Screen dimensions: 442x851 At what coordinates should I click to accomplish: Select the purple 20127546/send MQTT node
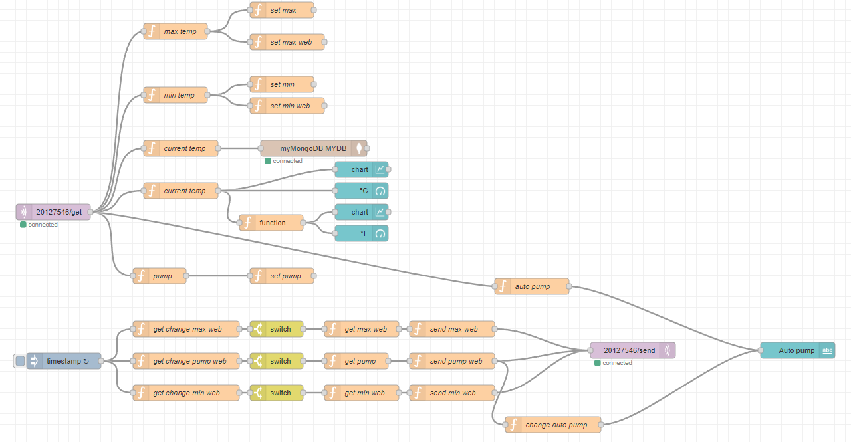632,350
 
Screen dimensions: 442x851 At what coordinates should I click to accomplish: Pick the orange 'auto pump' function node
532,286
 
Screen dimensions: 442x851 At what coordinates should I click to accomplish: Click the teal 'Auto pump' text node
797,350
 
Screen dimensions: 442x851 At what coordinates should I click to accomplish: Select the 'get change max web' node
186,329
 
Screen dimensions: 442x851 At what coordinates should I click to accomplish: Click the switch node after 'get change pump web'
277,361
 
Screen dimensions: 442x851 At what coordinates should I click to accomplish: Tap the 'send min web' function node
452,393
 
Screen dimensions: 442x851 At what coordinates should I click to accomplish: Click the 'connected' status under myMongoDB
287,161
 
